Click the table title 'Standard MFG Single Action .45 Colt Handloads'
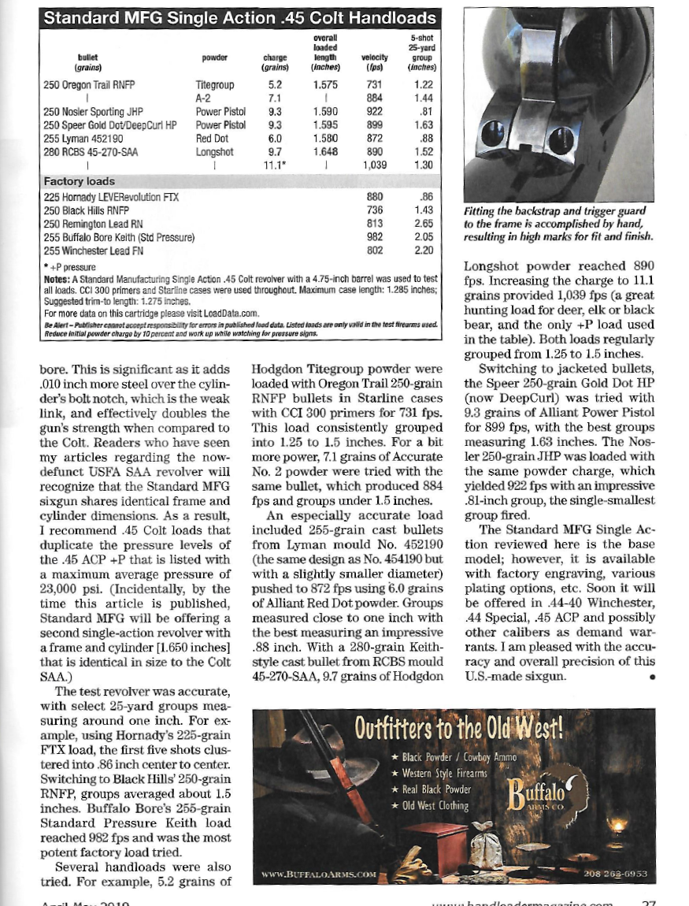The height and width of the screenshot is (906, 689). click(x=239, y=17)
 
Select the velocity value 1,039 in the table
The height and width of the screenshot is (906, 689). click(x=375, y=165)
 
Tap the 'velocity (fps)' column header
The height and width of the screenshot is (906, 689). click(x=375, y=62)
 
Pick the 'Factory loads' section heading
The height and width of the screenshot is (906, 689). click(x=79, y=182)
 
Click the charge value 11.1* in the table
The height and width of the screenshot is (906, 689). click(x=273, y=165)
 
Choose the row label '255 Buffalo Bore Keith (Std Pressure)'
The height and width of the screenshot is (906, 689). click(x=119, y=237)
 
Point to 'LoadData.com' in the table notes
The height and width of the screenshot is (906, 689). click(x=234, y=313)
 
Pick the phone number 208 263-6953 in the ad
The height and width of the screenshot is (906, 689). click(x=615, y=874)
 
